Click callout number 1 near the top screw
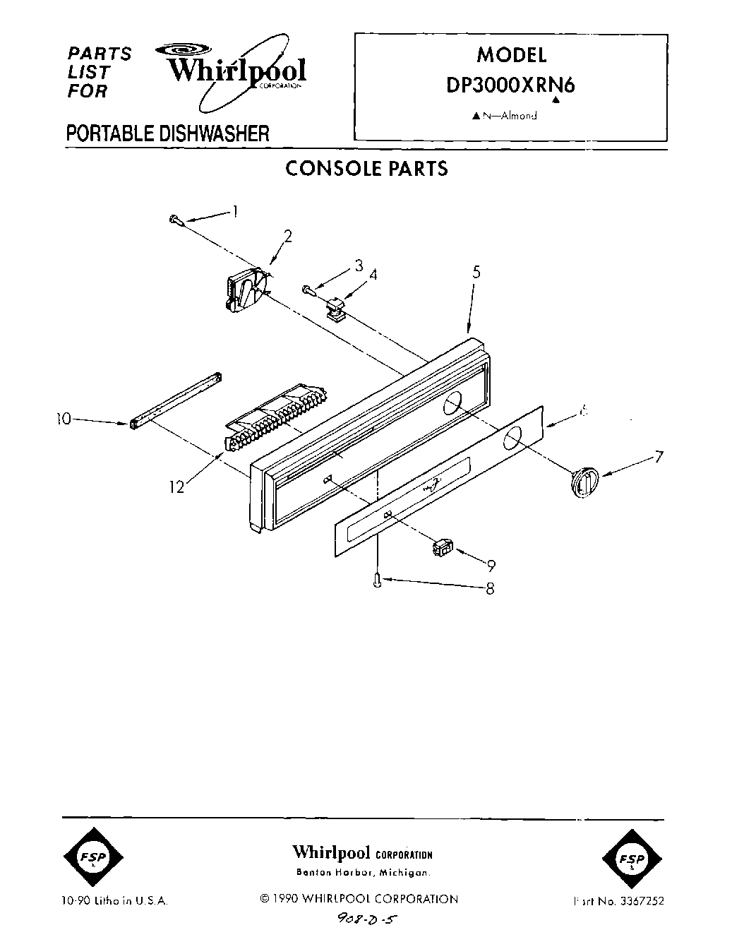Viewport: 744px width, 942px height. point(235,210)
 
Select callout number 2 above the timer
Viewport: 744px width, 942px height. point(289,236)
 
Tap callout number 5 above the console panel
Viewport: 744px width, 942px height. point(476,272)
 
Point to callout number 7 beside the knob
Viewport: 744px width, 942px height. point(658,457)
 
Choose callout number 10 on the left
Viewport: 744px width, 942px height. point(64,419)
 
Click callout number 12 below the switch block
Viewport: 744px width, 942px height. point(176,487)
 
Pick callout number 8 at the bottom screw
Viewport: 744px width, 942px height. point(489,588)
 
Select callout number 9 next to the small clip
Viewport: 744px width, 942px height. point(491,565)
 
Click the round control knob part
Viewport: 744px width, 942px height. point(582,484)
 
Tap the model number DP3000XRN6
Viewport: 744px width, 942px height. point(510,85)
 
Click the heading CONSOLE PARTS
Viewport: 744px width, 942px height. point(366,168)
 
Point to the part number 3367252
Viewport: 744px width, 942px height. point(641,901)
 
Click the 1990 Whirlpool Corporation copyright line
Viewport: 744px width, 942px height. point(359,899)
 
